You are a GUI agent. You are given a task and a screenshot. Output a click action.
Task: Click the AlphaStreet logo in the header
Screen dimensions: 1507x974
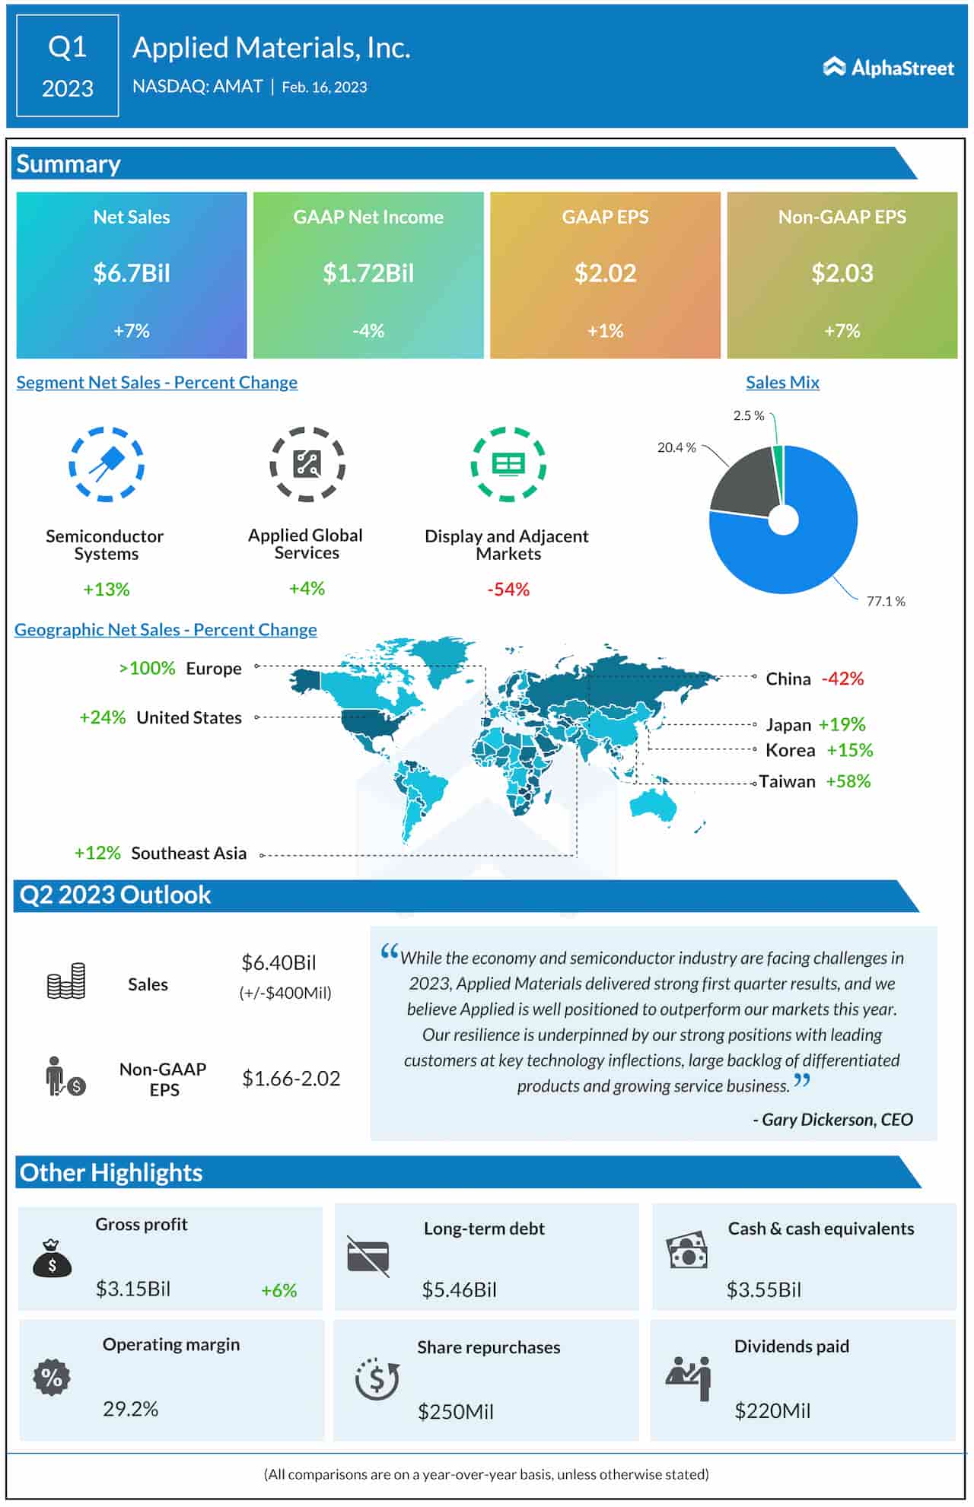[888, 68]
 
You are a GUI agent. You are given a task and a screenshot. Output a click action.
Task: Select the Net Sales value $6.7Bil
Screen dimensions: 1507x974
[132, 273]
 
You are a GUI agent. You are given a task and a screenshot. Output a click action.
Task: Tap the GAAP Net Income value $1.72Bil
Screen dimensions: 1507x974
[368, 273]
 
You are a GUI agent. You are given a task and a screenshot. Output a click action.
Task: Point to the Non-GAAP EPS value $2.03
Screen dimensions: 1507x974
[842, 273]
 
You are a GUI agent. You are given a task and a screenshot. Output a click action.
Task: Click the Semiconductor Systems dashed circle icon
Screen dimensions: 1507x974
[107, 464]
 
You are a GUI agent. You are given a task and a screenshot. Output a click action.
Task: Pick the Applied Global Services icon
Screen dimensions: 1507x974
[307, 464]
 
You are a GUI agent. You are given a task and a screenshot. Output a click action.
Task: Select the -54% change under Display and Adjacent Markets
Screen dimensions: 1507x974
[508, 590]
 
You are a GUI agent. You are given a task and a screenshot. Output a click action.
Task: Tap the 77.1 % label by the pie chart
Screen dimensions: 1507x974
[886, 602]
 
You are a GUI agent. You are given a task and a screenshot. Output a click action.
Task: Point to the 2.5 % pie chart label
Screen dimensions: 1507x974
[749, 415]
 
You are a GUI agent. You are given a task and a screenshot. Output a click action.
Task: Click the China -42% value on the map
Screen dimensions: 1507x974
[842, 679]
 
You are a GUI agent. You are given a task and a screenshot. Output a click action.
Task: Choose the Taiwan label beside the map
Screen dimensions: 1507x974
[788, 781]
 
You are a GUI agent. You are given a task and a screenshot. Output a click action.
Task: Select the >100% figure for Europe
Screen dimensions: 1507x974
[147, 668]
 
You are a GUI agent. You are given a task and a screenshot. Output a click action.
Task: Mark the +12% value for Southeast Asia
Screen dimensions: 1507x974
[97, 853]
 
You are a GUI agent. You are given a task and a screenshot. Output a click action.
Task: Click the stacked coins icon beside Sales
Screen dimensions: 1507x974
[66, 981]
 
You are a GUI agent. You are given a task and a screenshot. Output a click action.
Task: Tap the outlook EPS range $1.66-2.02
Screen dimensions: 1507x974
[291, 1079]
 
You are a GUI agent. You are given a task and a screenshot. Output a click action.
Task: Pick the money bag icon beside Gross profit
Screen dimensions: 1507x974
[52, 1258]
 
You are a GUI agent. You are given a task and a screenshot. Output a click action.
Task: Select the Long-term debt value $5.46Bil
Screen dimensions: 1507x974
[459, 1289]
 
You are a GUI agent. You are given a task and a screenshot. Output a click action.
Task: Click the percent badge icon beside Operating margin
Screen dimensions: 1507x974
[52, 1378]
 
